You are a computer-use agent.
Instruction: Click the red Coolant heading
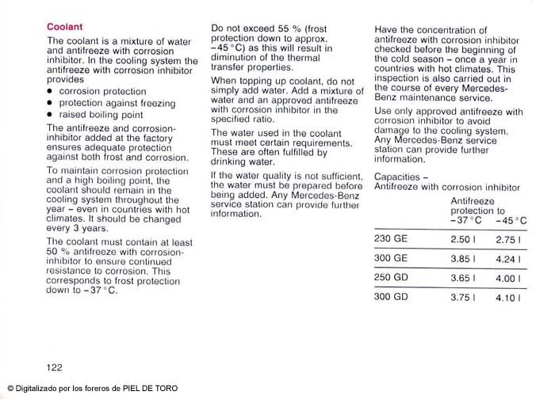pos(64,26)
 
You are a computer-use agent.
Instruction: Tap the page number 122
pos(55,367)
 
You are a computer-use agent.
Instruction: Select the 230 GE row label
pos(390,239)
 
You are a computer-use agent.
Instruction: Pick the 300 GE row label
pos(390,258)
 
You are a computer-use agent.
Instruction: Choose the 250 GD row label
pos(390,278)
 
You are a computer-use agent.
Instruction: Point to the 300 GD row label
pos(390,297)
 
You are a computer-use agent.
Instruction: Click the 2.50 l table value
pos(463,239)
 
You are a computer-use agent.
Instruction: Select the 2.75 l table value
pos(507,239)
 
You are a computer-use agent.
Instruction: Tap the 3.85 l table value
pos(463,258)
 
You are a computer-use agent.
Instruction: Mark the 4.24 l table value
pos(507,258)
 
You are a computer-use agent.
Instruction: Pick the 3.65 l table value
pos(463,278)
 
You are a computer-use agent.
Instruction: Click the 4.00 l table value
pos(507,278)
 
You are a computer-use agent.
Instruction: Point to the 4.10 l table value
pos(507,298)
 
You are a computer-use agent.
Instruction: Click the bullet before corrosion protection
pos(49,92)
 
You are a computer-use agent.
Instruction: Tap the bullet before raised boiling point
pos(49,114)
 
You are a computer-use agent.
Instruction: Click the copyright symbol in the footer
pos(10,389)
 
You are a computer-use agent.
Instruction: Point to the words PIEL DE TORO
pos(151,389)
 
